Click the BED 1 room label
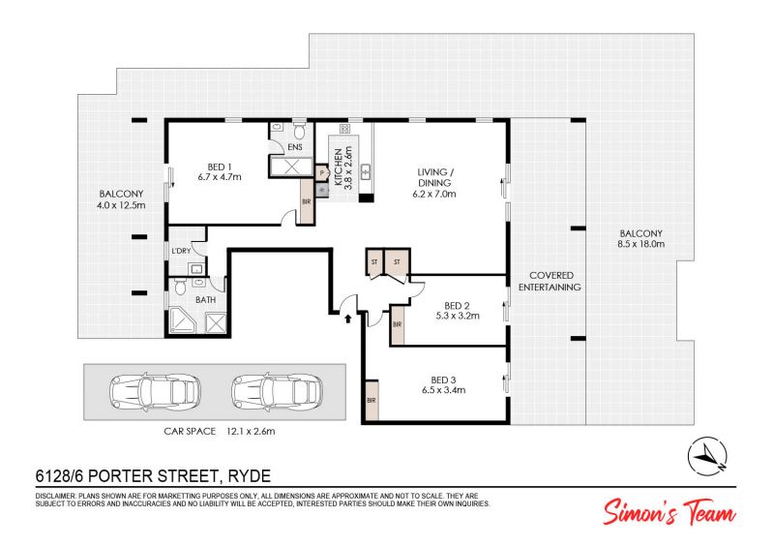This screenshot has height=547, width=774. (x=220, y=167)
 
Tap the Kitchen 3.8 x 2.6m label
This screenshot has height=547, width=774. (x=343, y=168)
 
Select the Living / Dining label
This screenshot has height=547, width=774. (x=434, y=177)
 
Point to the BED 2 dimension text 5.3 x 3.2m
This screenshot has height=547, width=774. (x=458, y=316)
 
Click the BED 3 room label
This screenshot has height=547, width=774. (x=443, y=380)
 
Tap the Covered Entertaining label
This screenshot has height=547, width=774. (x=550, y=281)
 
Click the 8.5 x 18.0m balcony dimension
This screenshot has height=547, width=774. (x=641, y=244)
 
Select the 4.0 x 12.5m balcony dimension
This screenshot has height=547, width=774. (x=122, y=205)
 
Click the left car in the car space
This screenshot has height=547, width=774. (x=155, y=391)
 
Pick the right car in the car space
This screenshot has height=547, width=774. (x=277, y=391)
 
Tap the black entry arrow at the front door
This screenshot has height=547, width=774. (x=348, y=319)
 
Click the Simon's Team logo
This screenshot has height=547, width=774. (x=669, y=511)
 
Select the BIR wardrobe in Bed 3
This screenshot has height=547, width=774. (x=372, y=400)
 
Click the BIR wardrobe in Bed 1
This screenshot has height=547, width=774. (x=307, y=201)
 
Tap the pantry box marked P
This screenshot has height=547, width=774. (x=322, y=173)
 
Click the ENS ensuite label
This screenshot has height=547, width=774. (x=295, y=147)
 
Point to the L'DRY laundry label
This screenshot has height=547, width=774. (x=181, y=251)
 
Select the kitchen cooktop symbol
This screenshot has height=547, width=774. (x=344, y=129)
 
